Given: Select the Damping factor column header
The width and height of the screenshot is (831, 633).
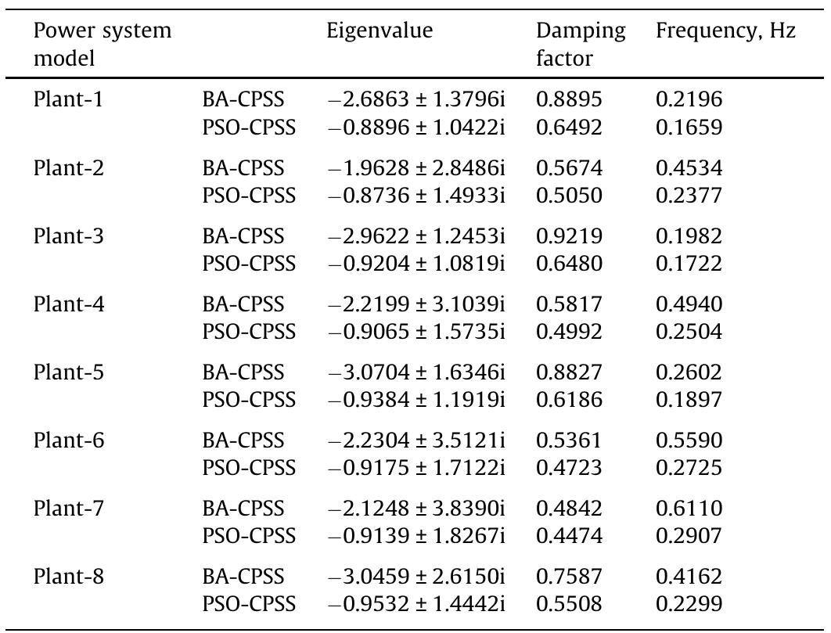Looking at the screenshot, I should [x=581, y=44].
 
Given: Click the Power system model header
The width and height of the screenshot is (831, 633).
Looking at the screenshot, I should [x=102, y=44].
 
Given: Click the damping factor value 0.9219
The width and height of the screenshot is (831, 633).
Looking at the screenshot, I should [x=569, y=236].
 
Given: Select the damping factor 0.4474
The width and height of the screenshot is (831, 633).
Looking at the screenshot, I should [x=569, y=536].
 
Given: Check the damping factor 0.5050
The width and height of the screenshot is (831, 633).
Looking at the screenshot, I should [x=569, y=196].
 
